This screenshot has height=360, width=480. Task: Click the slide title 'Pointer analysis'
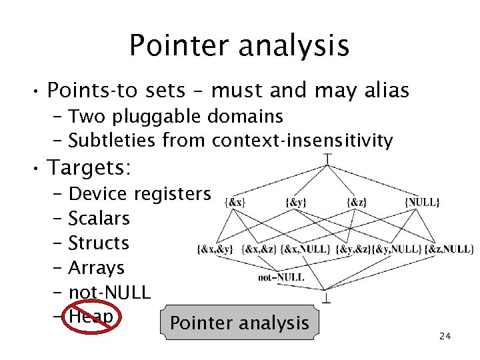(239, 45)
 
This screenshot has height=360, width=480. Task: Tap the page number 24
(445, 336)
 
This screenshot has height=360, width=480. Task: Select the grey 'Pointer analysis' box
(239, 324)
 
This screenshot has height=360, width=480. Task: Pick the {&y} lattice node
(295, 201)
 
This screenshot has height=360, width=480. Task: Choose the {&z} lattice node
(355, 201)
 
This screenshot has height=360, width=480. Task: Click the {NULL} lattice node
(422, 201)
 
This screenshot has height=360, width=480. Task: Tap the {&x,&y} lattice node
(215, 249)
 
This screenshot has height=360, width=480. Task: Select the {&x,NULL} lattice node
(305, 249)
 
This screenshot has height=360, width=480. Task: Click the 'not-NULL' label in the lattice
(281, 277)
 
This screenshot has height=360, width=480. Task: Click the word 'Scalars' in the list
(99, 219)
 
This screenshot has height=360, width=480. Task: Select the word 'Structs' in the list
(99, 243)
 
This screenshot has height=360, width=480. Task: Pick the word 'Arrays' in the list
(97, 268)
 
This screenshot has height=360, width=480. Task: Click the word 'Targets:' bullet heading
(89, 167)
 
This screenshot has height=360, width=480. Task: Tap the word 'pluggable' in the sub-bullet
(159, 117)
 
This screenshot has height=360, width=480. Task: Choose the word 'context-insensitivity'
(303, 141)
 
